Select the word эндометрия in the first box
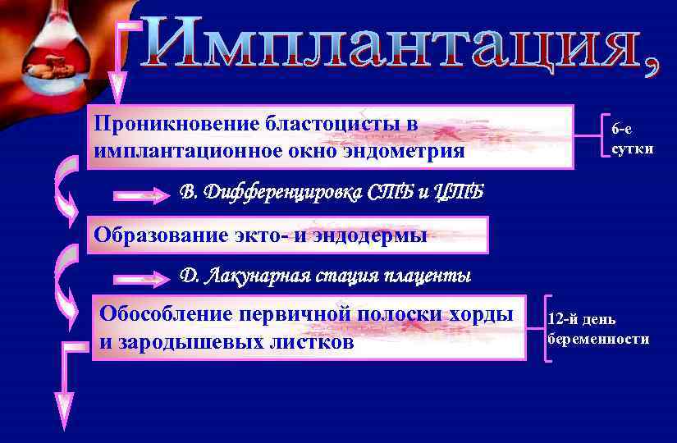click(x=395, y=152)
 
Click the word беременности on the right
click(x=598, y=339)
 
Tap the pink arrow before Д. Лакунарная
click(x=140, y=279)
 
